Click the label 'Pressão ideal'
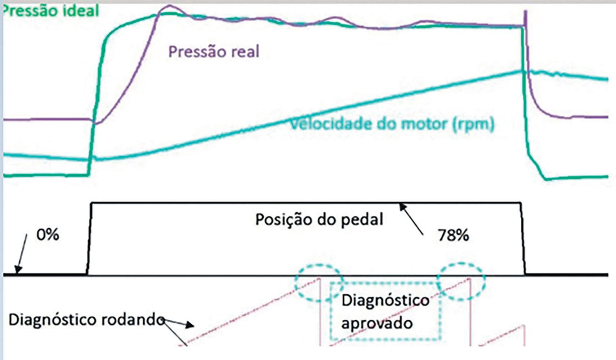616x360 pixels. click(x=51, y=11)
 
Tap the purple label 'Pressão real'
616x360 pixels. click(x=214, y=52)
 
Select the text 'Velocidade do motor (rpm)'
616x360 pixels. click(x=392, y=124)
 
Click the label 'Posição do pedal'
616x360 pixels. click(x=319, y=220)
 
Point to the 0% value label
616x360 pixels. click(x=48, y=235)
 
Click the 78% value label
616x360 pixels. click(x=454, y=235)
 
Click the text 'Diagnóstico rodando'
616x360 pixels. click(x=87, y=320)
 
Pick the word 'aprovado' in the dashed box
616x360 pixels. click(x=377, y=323)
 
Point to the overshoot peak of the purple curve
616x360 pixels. click(x=169, y=6)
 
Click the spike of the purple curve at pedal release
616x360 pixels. click(x=525, y=13)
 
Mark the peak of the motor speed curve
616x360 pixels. click(x=522, y=71)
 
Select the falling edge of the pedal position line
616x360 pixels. click(x=523, y=238)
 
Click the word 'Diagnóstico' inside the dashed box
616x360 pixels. click(x=385, y=300)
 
